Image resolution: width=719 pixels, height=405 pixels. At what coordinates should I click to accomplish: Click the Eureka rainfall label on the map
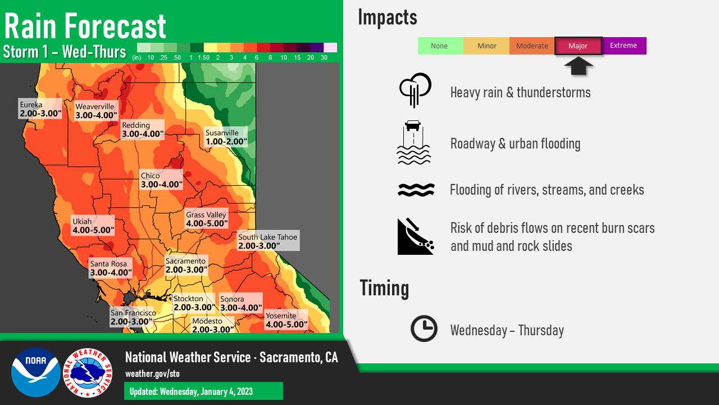tap(40, 109)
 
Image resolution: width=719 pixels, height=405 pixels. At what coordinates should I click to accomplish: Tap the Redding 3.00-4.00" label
tap(143, 129)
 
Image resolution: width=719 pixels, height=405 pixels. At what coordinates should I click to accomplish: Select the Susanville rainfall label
tap(226, 137)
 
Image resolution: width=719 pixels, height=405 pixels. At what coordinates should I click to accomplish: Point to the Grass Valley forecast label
tap(207, 219)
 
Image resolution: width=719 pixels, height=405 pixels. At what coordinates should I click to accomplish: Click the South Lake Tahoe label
tap(269, 241)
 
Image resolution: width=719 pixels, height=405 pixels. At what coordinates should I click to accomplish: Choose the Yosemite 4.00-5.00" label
tap(286, 320)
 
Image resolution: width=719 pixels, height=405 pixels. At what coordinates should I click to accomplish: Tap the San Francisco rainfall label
tap(131, 317)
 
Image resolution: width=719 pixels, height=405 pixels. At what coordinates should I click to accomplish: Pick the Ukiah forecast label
tap(93, 226)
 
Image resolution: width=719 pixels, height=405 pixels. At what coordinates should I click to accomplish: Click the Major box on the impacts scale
tap(578, 46)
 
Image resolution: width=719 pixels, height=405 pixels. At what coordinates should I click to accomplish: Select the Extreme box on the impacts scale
tap(624, 46)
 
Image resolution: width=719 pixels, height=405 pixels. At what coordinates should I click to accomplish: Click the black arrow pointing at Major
tap(578, 66)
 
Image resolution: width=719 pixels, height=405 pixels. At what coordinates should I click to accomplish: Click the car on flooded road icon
tap(414, 143)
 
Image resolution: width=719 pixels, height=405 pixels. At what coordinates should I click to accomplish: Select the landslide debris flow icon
tap(416, 236)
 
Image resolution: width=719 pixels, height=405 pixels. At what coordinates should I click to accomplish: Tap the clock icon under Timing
tap(424, 328)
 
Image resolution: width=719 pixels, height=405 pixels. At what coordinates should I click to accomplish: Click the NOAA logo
tap(35, 372)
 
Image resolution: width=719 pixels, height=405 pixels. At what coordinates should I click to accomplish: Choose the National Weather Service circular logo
tap(88, 373)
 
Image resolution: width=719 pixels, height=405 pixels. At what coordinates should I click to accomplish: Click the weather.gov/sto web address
tap(152, 374)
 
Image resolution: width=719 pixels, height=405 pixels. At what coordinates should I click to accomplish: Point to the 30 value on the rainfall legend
tap(324, 57)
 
